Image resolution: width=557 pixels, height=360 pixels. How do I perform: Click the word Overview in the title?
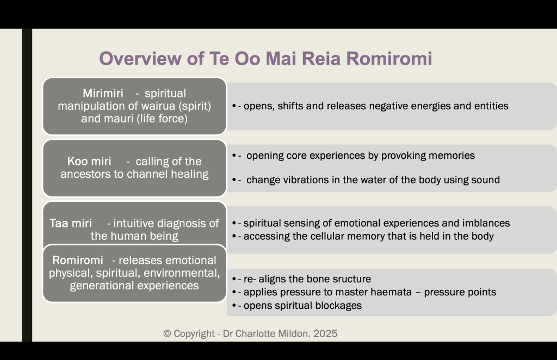[x=140, y=59]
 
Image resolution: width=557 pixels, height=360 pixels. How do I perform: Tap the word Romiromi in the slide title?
[x=389, y=59]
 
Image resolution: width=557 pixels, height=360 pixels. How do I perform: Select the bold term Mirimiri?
[x=103, y=94]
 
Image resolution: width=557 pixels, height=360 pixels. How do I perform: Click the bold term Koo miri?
[x=89, y=162]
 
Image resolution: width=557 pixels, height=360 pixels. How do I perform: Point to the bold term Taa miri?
[x=71, y=224]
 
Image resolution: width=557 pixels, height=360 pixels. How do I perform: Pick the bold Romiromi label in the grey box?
[x=78, y=260]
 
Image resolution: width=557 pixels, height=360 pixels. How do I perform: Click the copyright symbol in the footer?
[x=168, y=334]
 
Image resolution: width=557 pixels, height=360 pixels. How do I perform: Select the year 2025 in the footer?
[x=325, y=334]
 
